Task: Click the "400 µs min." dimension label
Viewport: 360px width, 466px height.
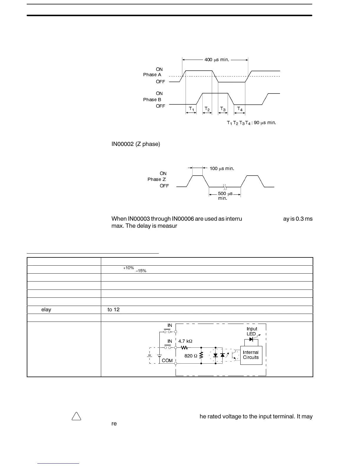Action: click(x=216, y=60)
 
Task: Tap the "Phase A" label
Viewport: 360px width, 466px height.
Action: click(x=152, y=75)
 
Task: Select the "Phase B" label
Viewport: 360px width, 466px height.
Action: click(x=152, y=100)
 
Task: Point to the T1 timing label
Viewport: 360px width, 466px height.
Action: click(x=191, y=109)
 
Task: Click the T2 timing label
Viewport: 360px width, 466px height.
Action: click(x=207, y=109)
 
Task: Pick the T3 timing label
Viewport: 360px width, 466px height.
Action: click(x=223, y=109)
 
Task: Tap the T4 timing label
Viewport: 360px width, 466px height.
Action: click(x=240, y=109)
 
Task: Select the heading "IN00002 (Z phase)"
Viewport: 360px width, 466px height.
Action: click(x=136, y=144)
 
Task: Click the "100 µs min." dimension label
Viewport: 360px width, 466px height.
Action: click(x=222, y=169)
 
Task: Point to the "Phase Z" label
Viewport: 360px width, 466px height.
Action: click(x=156, y=179)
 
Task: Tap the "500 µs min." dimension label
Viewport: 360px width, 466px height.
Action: click(x=225, y=196)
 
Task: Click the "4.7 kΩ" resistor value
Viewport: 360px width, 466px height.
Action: click(x=185, y=341)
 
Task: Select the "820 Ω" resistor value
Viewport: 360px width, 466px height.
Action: click(x=191, y=356)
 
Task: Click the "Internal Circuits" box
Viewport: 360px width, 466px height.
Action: click(x=251, y=355)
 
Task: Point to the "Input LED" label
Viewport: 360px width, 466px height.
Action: click(x=252, y=331)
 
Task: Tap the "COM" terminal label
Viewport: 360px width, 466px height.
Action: click(x=167, y=361)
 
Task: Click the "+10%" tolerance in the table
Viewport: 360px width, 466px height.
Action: click(x=129, y=268)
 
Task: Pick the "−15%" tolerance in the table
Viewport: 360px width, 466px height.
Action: click(x=141, y=271)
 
